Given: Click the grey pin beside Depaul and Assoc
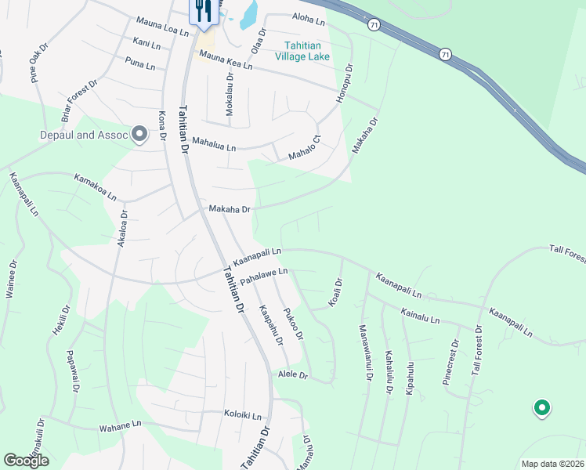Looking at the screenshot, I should tap(140, 135).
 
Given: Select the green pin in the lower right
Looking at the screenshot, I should tap(541, 407).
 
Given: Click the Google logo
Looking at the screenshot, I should tap(26, 461).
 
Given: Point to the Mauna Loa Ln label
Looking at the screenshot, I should tap(162, 27).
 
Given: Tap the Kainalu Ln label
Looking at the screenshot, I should tap(420, 316).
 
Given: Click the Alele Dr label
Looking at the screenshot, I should tap(294, 376).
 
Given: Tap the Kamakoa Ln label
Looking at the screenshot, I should tap(96, 186).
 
